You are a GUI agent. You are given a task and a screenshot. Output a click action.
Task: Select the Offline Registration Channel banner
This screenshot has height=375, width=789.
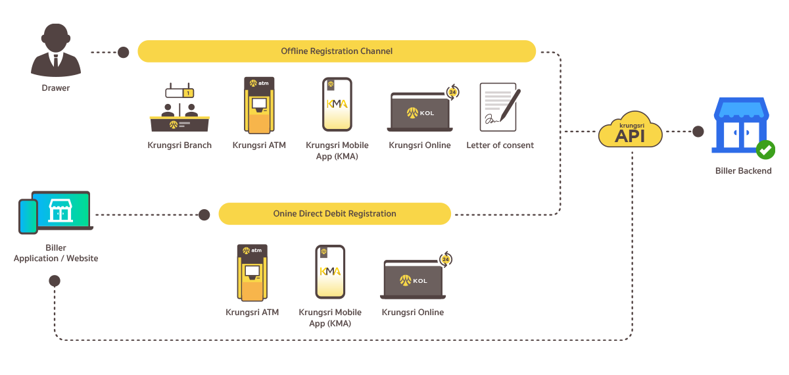337,51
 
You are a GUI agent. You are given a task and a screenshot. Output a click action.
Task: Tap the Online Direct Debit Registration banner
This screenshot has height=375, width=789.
335,214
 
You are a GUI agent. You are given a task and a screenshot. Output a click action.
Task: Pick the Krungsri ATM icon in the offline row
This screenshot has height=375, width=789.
259,105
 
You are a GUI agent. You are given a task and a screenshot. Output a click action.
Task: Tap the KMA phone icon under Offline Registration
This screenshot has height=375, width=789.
337,105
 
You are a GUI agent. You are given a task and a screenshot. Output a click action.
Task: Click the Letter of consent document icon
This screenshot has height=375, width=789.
499,105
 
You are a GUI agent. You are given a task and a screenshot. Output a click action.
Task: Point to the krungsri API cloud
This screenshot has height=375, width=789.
630,131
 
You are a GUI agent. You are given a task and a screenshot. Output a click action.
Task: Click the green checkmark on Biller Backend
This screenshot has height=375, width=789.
765,149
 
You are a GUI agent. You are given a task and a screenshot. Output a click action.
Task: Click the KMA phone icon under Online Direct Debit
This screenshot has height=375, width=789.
330,272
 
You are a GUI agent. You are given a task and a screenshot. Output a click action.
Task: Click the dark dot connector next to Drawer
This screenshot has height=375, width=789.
124,52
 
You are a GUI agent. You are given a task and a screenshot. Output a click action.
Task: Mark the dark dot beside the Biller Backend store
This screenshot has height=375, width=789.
698,132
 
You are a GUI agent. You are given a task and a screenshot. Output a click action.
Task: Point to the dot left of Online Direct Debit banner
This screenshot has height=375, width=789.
204,214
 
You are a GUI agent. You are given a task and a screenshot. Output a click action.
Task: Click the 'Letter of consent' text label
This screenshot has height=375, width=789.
500,145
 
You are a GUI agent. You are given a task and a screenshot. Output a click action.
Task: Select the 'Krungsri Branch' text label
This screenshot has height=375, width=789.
179,145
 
